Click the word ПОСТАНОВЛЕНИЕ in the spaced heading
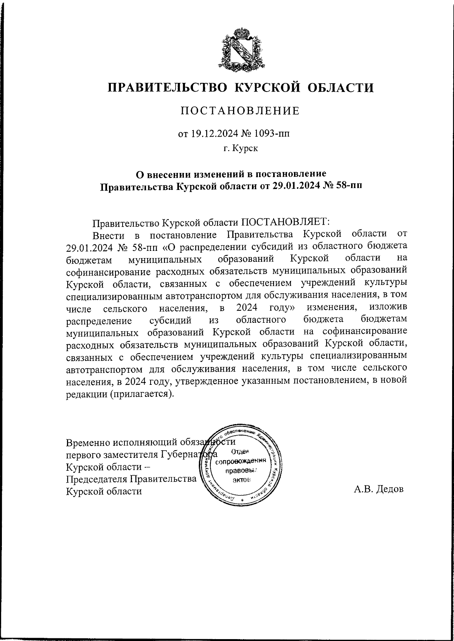point(240,111)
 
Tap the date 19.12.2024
point(211,134)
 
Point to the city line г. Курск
point(240,149)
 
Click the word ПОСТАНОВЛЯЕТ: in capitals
point(286,221)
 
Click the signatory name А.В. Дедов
point(379,489)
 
